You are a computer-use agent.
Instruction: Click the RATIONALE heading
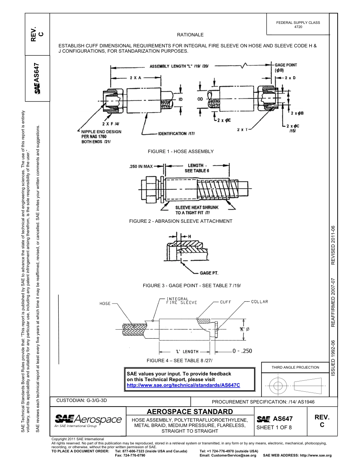tap(190, 35)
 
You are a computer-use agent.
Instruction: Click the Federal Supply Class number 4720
tap(298, 27)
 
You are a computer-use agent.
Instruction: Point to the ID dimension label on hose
tap(181, 99)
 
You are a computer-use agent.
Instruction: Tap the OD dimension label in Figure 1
tap(200, 99)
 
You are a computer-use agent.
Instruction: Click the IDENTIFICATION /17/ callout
tap(177, 134)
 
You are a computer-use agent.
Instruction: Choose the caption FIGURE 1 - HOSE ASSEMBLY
tap(180, 152)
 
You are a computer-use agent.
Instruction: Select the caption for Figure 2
tap(180, 221)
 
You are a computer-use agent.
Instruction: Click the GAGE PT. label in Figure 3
tap(209, 273)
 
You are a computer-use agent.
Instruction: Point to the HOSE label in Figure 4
tap(105, 303)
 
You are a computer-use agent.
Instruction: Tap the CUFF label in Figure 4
tap(225, 302)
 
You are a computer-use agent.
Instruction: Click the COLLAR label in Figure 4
tap(259, 302)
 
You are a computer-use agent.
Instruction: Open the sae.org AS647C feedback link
tap(183, 385)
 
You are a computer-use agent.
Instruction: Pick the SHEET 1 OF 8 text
tap(274, 428)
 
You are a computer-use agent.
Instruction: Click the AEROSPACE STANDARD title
tap(189, 411)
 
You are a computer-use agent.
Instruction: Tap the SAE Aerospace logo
tap(88, 420)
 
